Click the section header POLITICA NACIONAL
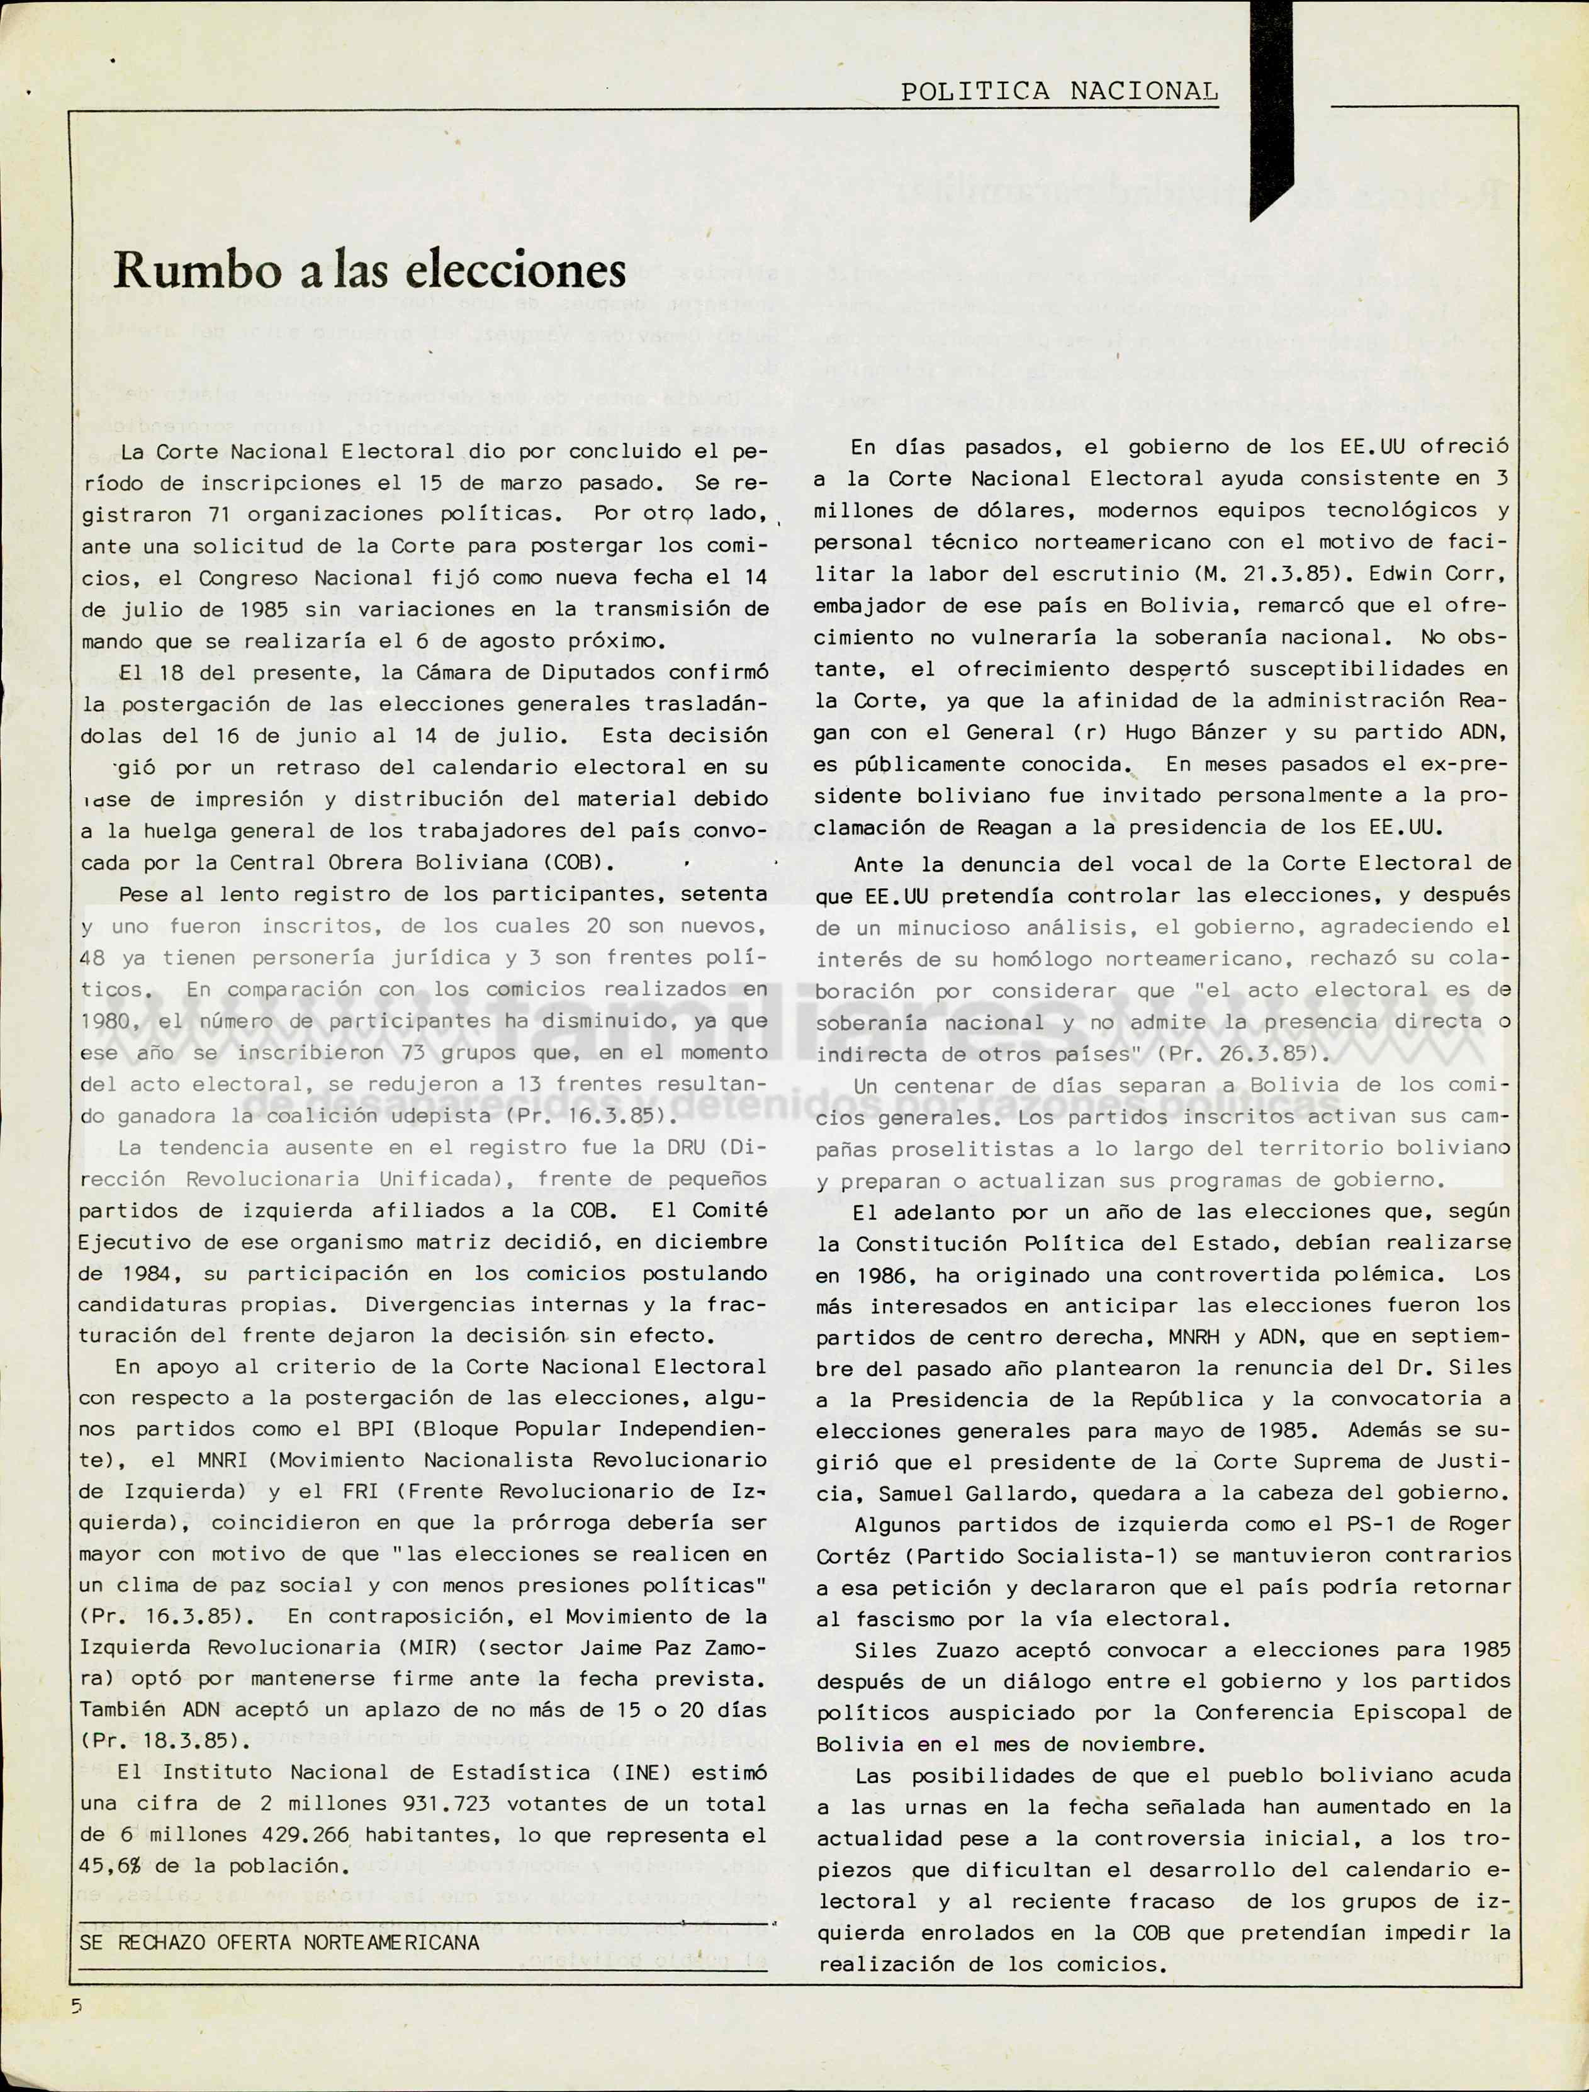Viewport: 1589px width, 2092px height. (x=1058, y=92)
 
